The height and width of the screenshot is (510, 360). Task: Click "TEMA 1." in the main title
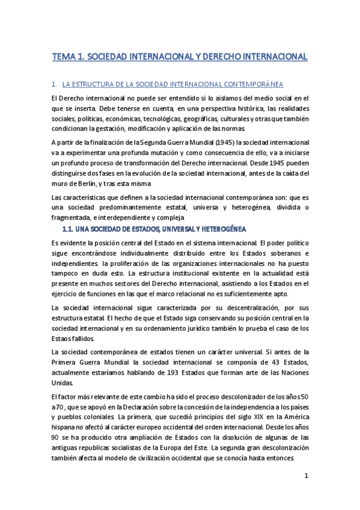tap(70, 57)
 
